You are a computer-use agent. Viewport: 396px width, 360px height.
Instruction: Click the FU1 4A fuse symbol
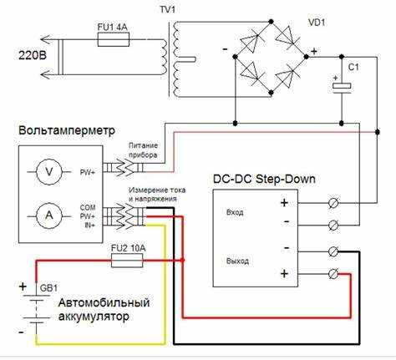click(114, 39)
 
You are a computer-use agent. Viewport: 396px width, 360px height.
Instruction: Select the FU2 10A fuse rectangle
click(127, 261)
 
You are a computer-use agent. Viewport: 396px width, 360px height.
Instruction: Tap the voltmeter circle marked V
click(49, 172)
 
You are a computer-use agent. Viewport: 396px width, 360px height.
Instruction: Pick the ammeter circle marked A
click(49, 215)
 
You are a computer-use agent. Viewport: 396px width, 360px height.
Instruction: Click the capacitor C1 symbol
click(342, 86)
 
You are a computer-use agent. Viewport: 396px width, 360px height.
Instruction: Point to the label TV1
click(167, 10)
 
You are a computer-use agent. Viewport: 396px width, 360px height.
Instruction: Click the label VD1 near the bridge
click(317, 23)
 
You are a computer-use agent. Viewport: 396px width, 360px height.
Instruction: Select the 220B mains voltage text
click(33, 55)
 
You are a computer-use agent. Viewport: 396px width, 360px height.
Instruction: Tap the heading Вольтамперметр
click(67, 130)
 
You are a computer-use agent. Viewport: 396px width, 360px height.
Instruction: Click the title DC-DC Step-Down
click(264, 179)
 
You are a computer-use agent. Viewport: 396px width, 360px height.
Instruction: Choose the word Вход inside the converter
click(235, 212)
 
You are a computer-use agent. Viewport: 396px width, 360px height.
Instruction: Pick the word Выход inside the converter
click(237, 261)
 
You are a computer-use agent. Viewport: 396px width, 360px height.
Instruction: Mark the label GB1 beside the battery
click(48, 288)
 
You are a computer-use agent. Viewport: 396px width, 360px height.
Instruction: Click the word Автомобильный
click(104, 303)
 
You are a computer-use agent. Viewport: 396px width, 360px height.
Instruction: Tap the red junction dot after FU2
click(182, 261)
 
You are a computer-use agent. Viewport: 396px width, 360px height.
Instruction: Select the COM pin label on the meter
click(88, 207)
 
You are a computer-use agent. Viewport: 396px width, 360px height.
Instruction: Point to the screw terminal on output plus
click(333, 274)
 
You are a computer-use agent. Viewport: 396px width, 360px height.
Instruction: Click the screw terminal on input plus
click(333, 203)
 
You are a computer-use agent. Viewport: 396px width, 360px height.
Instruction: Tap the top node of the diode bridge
click(271, 22)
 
